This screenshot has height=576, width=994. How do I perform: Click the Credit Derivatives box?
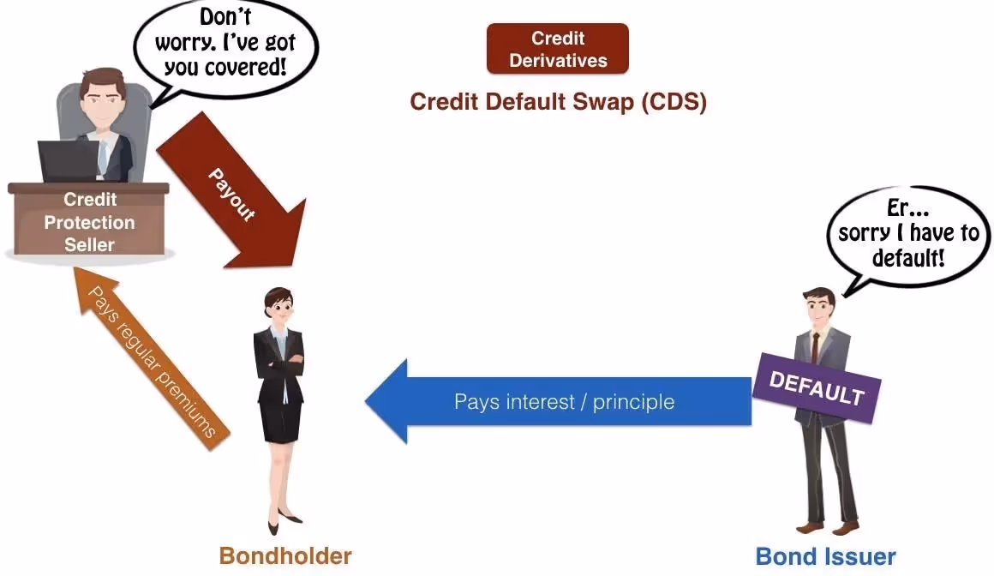tap(557, 49)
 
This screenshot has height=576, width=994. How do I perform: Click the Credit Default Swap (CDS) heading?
tap(558, 101)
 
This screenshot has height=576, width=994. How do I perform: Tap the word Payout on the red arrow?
tap(232, 195)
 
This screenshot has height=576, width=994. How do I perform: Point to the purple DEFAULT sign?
tap(816, 389)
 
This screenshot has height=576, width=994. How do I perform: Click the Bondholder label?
tap(285, 555)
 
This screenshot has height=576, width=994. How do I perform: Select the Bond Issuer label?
tap(825, 556)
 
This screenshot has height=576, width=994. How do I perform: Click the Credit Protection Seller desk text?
tap(89, 222)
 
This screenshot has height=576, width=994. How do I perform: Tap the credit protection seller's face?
tap(100, 97)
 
